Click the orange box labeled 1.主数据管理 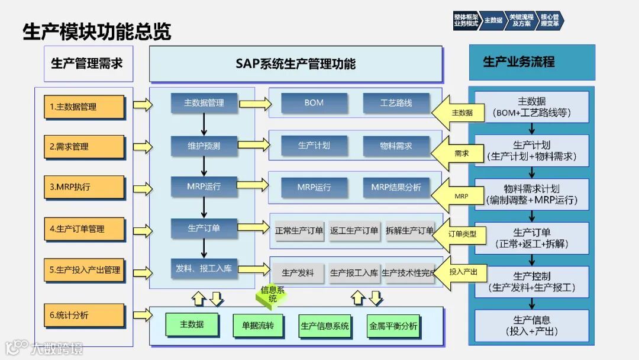click(84, 107)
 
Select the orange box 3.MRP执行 click(84, 187)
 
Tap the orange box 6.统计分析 click(84, 316)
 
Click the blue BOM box click(314, 103)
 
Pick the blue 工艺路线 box click(396, 103)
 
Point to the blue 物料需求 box click(396, 146)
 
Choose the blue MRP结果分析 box click(396, 188)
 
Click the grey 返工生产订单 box click(354, 231)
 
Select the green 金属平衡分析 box click(393, 326)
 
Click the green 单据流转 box click(258, 326)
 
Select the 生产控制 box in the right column click(531, 282)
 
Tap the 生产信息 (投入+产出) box click(531, 326)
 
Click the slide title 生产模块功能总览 click(97, 31)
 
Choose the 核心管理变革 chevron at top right click(550, 21)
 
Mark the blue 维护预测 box click(204, 146)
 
